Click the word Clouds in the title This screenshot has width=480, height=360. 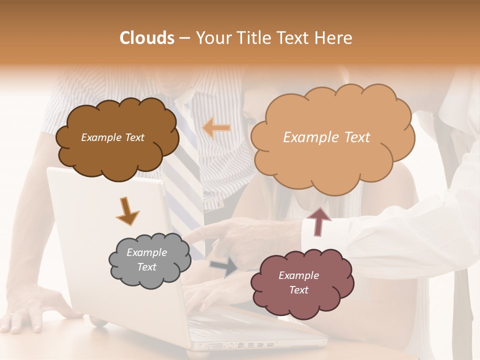(147, 38)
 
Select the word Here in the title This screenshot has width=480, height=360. (333, 38)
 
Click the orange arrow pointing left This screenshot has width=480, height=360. (216, 128)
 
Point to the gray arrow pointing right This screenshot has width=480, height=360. (224, 267)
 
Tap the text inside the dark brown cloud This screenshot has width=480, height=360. (112, 137)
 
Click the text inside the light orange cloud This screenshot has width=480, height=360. (326, 137)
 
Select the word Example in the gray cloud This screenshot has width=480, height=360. (146, 252)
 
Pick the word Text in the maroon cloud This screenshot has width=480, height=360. (298, 290)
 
